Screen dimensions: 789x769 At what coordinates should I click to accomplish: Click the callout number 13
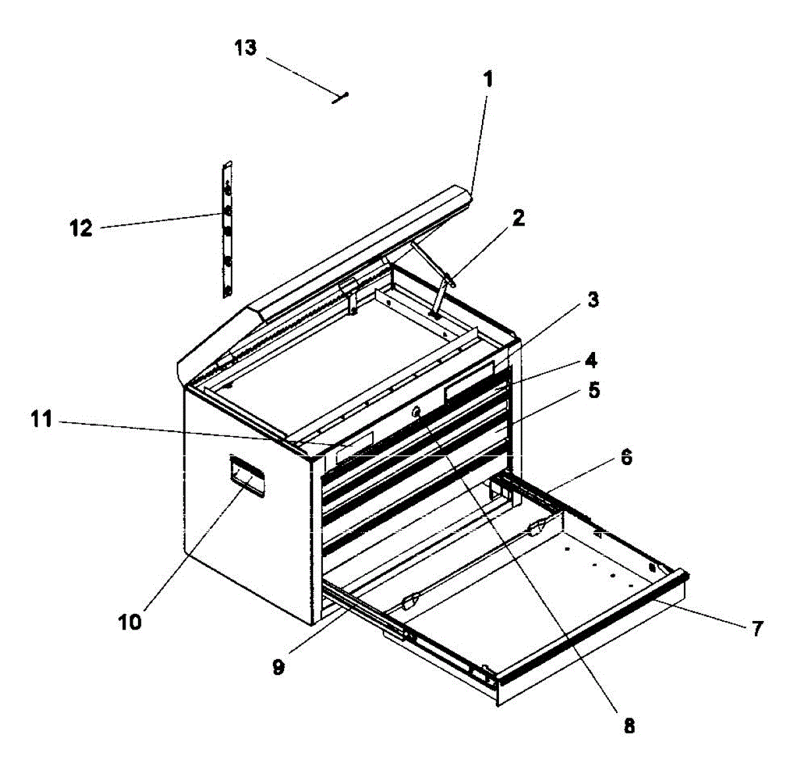point(246,48)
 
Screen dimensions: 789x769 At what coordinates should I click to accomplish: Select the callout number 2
point(519,218)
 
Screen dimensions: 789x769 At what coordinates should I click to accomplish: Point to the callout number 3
point(592,300)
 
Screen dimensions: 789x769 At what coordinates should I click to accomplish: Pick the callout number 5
point(594,390)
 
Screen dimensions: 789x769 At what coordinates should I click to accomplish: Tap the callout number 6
point(626,457)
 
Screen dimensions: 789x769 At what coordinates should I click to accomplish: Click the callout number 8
point(629,726)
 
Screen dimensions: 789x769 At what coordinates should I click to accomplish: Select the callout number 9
point(278,667)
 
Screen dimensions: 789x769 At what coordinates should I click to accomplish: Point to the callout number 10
point(130,621)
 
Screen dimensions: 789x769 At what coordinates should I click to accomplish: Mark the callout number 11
point(41,419)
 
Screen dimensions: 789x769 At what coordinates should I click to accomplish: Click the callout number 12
point(82,229)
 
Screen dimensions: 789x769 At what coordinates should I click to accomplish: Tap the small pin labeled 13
point(341,97)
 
